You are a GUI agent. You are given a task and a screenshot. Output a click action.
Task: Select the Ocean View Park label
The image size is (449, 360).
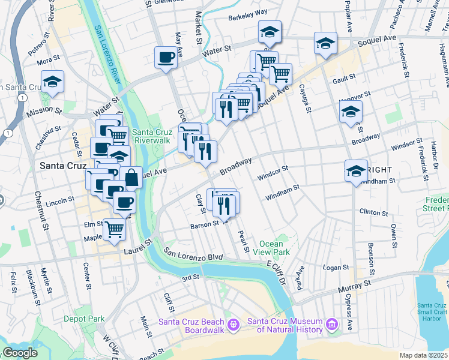point(275,248)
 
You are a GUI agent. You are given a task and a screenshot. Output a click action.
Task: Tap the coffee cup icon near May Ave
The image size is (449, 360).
point(166,58)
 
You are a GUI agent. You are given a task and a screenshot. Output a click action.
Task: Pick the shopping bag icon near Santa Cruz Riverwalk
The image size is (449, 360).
point(131,178)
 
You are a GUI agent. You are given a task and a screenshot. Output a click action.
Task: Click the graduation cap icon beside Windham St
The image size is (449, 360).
point(356,171)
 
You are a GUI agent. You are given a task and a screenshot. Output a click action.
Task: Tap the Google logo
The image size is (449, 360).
point(20,353)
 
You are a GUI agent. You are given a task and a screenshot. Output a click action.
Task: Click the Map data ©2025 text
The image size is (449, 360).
point(423,355)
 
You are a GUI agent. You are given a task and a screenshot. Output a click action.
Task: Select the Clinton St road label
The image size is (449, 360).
point(373,212)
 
